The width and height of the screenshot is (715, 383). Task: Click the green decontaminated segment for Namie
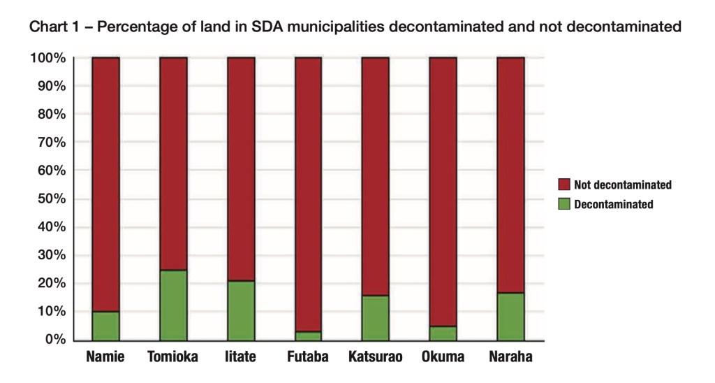(x=105, y=326)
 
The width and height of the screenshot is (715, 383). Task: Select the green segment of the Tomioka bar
(x=173, y=305)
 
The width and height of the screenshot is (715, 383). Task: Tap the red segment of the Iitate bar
(x=241, y=168)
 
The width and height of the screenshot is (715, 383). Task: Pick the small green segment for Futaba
(x=308, y=335)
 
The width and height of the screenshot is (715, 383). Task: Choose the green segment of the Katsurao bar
(x=376, y=317)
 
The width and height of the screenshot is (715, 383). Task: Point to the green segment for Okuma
(x=443, y=333)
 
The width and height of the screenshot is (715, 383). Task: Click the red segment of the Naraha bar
(x=510, y=175)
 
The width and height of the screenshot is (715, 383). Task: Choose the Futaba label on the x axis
(x=308, y=357)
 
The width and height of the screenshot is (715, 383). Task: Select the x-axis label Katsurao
(x=376, y=357)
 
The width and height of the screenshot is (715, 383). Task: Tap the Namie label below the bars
(x=105, y=357)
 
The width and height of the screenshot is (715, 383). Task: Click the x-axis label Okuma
(x=443, y=357)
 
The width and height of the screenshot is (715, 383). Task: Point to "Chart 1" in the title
(x=54, y=27)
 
